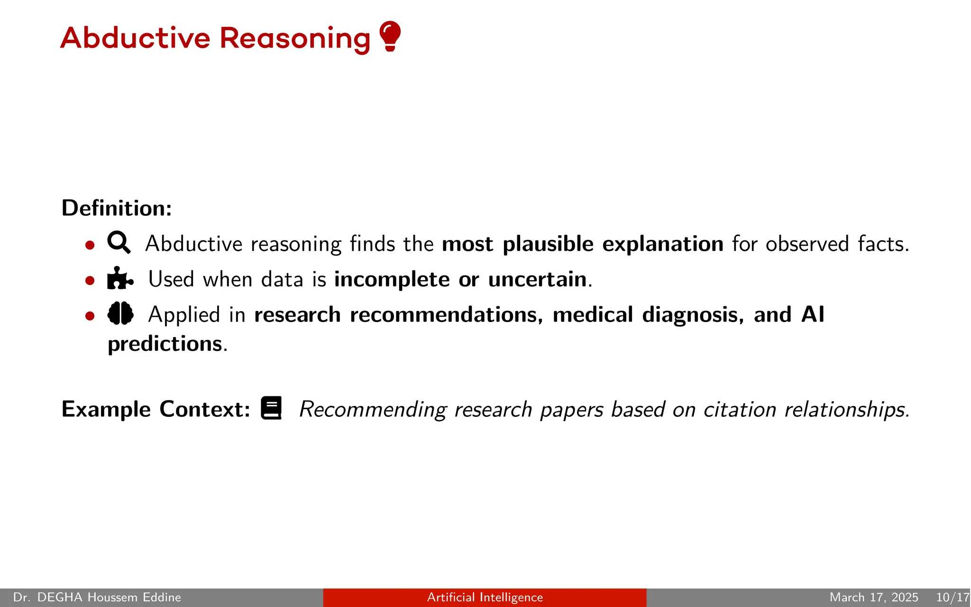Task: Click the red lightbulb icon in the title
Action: tap(390, 36)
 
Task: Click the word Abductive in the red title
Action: tap(135, 38)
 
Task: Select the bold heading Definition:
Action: tap(117, 208)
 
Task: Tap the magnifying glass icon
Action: tap(119, 242)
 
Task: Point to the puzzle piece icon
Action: tap(120, 278)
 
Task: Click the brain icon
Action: tap(120, 313)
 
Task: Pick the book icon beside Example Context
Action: tap(272, 408)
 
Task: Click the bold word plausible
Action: tap(548, 244)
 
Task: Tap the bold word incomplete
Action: tap(392, 280)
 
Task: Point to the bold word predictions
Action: tap(165, 344)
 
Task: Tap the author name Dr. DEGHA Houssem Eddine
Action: tap(97, 597)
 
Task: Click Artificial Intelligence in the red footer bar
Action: tap(485, 597)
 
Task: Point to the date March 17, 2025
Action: tap(873, 597)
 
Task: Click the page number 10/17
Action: tap(952, 597)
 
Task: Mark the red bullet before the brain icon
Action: tap(90, 316)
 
